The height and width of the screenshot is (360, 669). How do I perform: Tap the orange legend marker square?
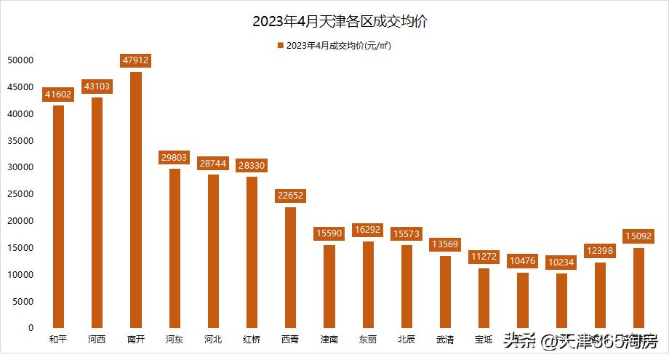pos(280,46)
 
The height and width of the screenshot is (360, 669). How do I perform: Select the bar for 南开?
pos(135,200)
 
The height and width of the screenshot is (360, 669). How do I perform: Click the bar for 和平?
pos(58,217)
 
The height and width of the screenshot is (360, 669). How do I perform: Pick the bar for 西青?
pos(290,267)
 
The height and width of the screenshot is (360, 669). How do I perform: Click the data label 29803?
pos(175,157)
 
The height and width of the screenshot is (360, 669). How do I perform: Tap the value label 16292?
pos(368,230)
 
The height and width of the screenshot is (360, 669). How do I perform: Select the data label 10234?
pos(561,262)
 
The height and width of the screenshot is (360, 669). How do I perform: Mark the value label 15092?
pos(639,236)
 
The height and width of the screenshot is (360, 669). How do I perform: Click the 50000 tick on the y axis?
pos(21,60)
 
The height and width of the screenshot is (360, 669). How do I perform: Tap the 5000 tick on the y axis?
pos(24,301)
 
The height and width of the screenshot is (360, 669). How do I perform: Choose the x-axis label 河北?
pos(213,339)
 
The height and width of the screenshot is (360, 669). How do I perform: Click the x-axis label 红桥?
pos(252,339)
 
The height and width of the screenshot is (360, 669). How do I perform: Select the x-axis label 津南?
pos(329,339)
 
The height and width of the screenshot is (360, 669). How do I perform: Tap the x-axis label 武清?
pos(445,339)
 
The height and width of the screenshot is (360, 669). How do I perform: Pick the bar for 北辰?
pos(406,286)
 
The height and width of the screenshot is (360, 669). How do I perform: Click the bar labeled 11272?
pos(484,297)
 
